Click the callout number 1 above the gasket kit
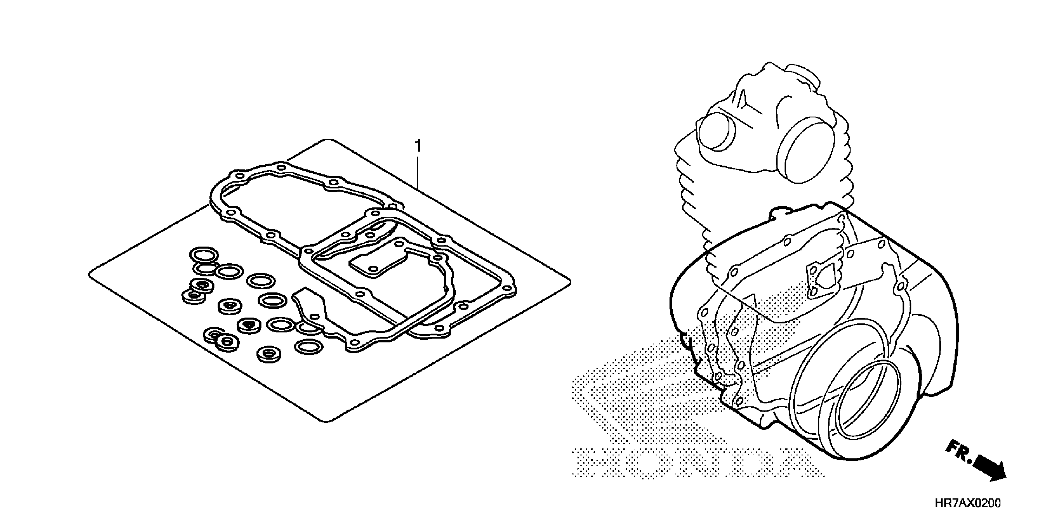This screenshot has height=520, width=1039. coord(418,146)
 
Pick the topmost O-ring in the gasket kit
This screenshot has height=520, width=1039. coord(204,255)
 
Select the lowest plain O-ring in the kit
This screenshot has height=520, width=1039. coord(309,346)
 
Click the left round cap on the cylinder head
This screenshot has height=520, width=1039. coord(716,131)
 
